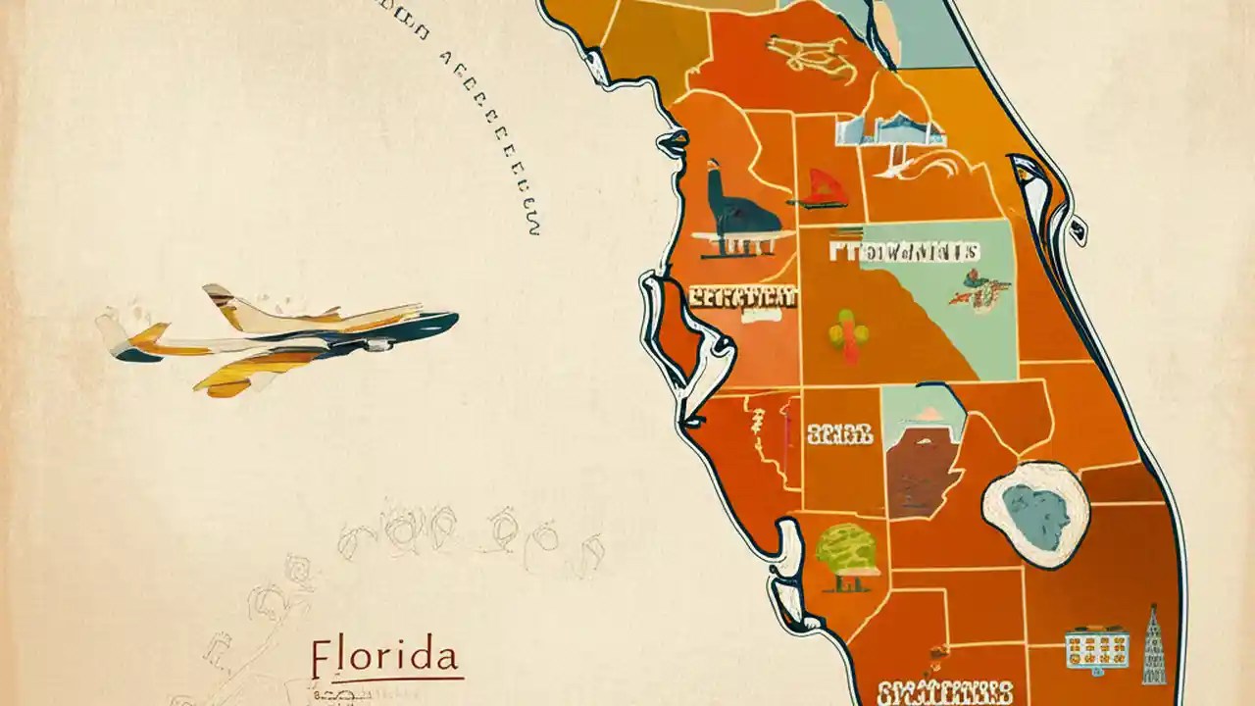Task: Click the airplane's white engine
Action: tap(378, 344)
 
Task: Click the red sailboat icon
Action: tap(820, 187)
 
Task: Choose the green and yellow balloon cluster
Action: tap(848, 330)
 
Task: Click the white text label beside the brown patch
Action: tap(839, 432)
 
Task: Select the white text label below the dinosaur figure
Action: tap(743, 296)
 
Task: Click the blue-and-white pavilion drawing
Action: tap(887, 132)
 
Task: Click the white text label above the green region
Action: tap(903, 252)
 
